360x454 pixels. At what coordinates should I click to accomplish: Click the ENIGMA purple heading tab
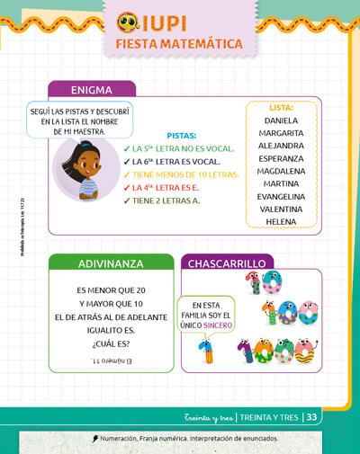92,89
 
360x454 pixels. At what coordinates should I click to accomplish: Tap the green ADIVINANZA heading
111,263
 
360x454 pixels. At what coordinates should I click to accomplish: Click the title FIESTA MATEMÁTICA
179,44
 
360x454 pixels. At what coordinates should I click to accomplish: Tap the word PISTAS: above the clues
182,135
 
